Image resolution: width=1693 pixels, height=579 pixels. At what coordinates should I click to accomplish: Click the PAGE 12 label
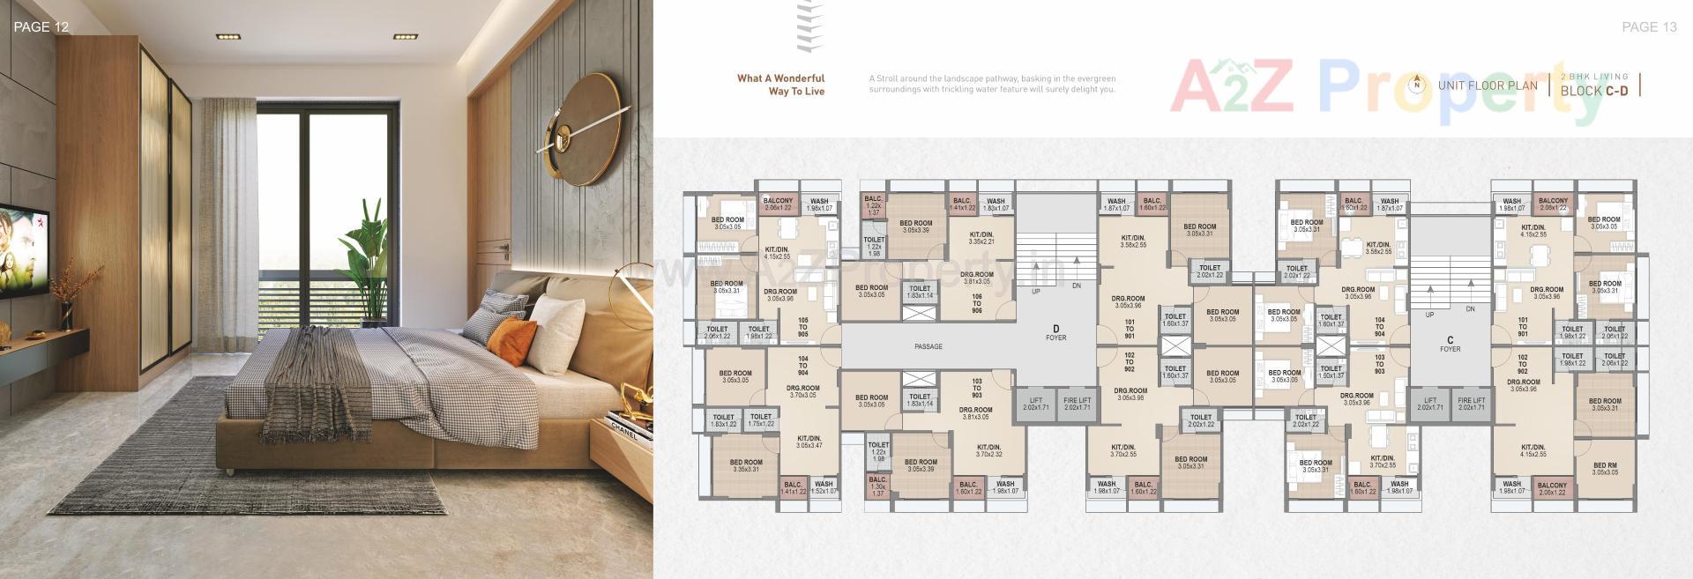click(x=41, y=27)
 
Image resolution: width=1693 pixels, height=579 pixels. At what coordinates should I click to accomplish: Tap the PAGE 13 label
click(x=1649, y=27)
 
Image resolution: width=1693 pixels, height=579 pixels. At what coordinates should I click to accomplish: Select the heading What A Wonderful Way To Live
click(x=781, y=85)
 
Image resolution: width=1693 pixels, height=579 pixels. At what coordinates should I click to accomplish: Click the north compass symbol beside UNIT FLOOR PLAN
click(x=1417, y=85)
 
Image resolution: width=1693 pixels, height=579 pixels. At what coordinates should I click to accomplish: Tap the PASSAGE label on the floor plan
click(x=929, y=346)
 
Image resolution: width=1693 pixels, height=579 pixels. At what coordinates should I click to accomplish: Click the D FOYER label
click(x=1055, y=332)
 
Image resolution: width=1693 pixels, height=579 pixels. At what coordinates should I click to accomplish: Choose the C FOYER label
click(x=1450, y=344)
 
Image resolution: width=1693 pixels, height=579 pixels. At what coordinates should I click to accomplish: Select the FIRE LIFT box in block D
click(x=1078, y=405)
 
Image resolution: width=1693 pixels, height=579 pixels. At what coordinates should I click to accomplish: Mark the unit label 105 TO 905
click(x=802, y=327)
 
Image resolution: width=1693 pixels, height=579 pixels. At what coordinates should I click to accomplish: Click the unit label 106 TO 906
click(x=977, y=303)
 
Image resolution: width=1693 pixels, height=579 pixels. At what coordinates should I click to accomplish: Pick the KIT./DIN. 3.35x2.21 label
click(x=981, y=238)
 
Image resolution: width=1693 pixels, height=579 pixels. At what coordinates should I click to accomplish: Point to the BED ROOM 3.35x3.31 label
click(x=746, y=465)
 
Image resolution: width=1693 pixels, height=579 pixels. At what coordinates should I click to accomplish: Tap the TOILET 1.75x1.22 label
click(x=761, y=420)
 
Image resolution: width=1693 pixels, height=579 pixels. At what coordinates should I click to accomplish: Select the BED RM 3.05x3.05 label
click(x=1605, y=469)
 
